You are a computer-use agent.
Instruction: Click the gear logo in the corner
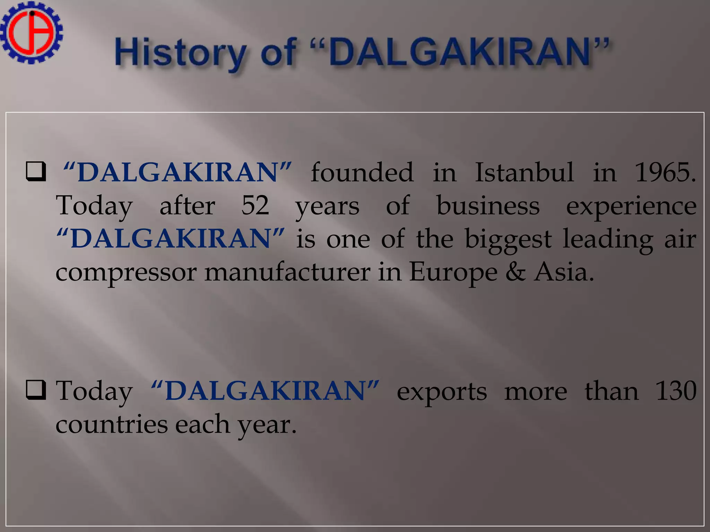pyautogui.click(x=31, y=33)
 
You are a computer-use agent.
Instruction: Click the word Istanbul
pyautogui.click(x=524, y=172)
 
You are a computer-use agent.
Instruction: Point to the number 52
pyautogui.click(x=255, y=205)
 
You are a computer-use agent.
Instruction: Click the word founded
pyautogui.click(x=362, y=172)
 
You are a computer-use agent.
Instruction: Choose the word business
pyautogui.click(x=488, y=205)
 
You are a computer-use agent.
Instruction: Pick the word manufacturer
pyautogui.click(x=287, y=272)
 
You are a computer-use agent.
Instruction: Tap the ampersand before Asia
pyautogui.click(x=516, y=272)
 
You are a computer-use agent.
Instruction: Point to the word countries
pyautogui.click(x=112, y=425)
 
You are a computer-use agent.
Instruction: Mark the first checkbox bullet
pyautogui.click(x=36, y=171)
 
